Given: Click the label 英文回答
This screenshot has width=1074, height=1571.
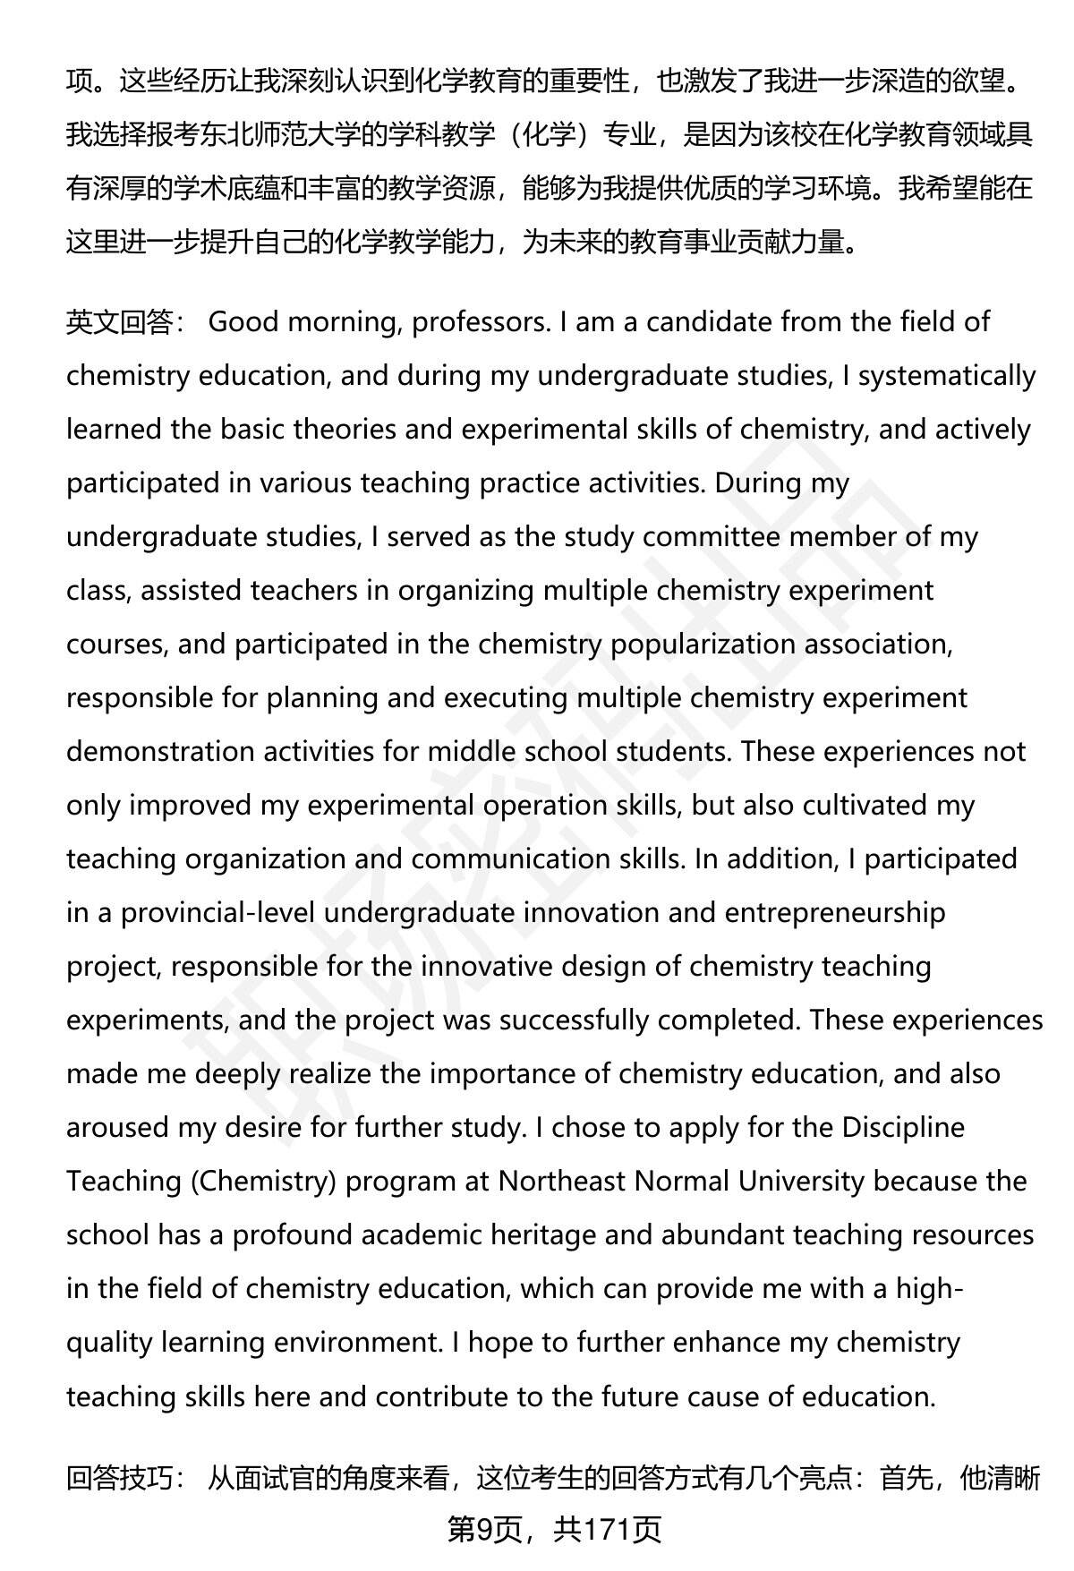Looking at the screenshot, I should (x=119, y=322).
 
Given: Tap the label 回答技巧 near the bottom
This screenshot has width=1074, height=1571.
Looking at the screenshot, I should (x=119, y=1478).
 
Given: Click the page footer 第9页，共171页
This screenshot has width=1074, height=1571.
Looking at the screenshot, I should (x=554, y=1530).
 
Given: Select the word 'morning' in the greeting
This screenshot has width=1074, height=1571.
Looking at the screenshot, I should (x=339, y=322).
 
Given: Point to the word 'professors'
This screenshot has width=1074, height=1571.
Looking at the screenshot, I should (x=480, y=322).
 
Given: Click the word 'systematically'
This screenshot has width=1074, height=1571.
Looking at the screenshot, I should (x=947, y=376).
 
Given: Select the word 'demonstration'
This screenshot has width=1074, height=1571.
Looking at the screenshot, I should (x=159, y=752).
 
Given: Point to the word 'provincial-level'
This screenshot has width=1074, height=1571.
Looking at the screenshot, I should (x=217, y=913).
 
